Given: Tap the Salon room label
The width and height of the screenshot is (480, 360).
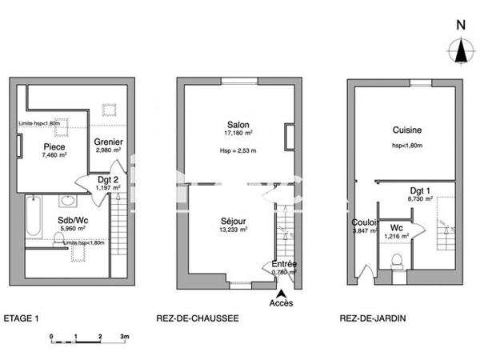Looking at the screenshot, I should (x=238, y=125).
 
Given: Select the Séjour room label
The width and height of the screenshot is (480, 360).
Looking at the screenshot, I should (x=234, y=220).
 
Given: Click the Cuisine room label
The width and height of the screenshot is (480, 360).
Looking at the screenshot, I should (x=407, y=130).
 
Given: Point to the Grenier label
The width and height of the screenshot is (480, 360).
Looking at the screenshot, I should (x=108, y=142).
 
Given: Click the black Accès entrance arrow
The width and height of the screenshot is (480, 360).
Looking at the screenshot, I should (x=281, y=293).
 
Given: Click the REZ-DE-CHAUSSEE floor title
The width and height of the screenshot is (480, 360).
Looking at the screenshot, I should (x=197, y=318).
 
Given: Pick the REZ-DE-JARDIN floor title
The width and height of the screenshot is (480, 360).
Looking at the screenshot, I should (x=372, y=318).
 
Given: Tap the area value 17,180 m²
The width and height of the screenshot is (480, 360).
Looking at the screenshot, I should (x=238, y=134).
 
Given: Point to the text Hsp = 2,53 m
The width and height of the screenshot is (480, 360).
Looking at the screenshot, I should (x=238, y=150).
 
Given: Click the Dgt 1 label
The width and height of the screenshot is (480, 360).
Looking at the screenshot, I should (x=420, y=190).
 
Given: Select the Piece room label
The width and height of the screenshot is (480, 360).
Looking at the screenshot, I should (x=54, y=146).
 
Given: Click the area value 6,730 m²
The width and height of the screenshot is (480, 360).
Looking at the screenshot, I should (x=420, y=199).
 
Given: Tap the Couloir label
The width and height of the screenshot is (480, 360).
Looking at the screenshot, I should (x=365, y=222).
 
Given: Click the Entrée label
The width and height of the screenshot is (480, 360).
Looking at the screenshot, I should (x=284, y=263).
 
